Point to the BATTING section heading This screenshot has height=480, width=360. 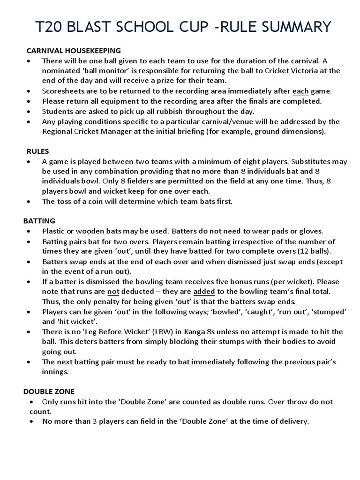pos(39,220)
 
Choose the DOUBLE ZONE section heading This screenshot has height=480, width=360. pos(49,391)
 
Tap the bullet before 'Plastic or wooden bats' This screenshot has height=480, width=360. pos(30,232)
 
